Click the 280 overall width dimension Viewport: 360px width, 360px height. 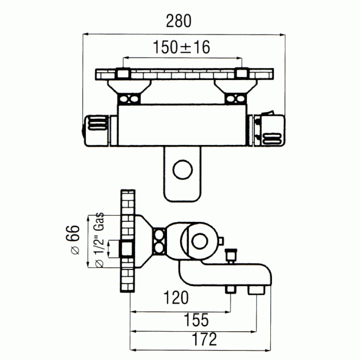[179, 21]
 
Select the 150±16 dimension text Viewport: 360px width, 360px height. [181, 47]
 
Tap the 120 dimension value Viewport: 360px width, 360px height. [176, 297]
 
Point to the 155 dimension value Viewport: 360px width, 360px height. [196, 320]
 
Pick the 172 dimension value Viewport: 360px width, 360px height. [205, 339]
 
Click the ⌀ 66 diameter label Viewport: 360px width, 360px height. [73, 240]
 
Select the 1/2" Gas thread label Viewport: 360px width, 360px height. [99, 240]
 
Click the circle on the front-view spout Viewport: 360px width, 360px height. [183, 170]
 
